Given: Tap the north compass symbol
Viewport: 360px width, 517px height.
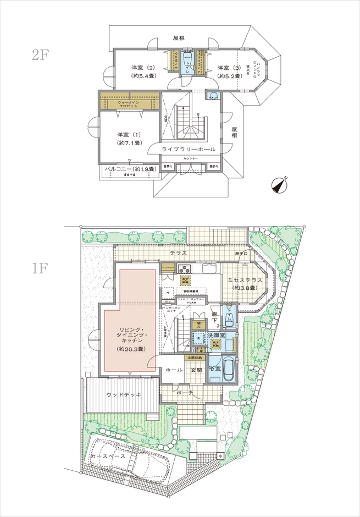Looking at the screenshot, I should (281, 185).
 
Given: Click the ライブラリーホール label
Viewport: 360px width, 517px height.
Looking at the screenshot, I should (189, 149).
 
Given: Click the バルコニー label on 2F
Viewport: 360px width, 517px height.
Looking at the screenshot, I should (129, 168).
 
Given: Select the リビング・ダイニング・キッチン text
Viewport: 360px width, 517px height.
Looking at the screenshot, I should (130, 333).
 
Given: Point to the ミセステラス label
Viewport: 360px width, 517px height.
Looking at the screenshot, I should (242, 280).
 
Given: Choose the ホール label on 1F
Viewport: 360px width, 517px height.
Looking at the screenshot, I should (174, 370).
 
